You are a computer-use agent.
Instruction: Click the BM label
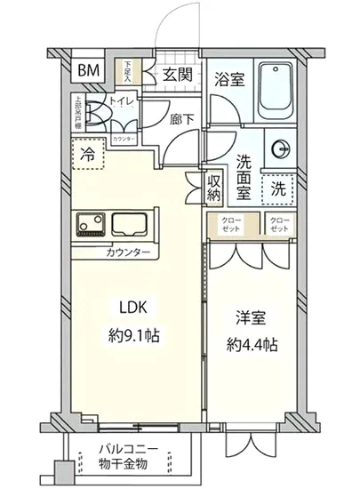pyautogui.click(x=88, y=72)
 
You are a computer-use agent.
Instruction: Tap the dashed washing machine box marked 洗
pyautogui.click(x=279, y=188)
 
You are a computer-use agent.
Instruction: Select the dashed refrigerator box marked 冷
pyautogui.click(x=88, y=154)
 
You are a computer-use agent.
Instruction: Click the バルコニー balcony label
pyautogui.click(x=124, y=449)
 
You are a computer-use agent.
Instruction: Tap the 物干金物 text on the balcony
pyautogui.click(x=124, y=464)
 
